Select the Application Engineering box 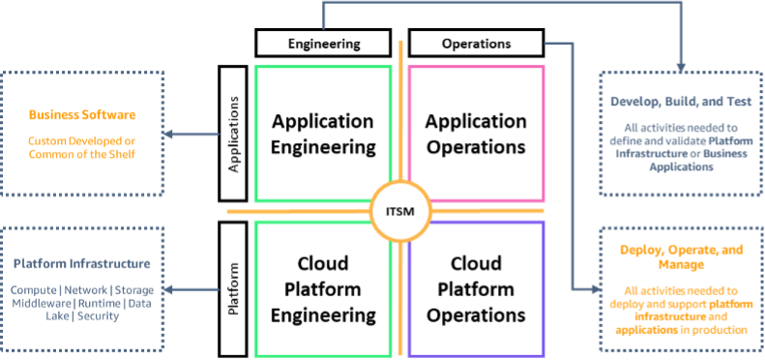pos(323,135)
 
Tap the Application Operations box pos(476,135)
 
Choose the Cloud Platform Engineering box pos(323,288)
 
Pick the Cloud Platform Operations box pos(476,288)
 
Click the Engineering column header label pos(324,43)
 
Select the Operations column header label pos(475,43)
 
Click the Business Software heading pos(82,115)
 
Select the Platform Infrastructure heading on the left pos(82,263)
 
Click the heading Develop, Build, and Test pos(675,102)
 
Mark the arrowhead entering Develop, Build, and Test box pos(682,68)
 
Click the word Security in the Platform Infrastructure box pos(97,315)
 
